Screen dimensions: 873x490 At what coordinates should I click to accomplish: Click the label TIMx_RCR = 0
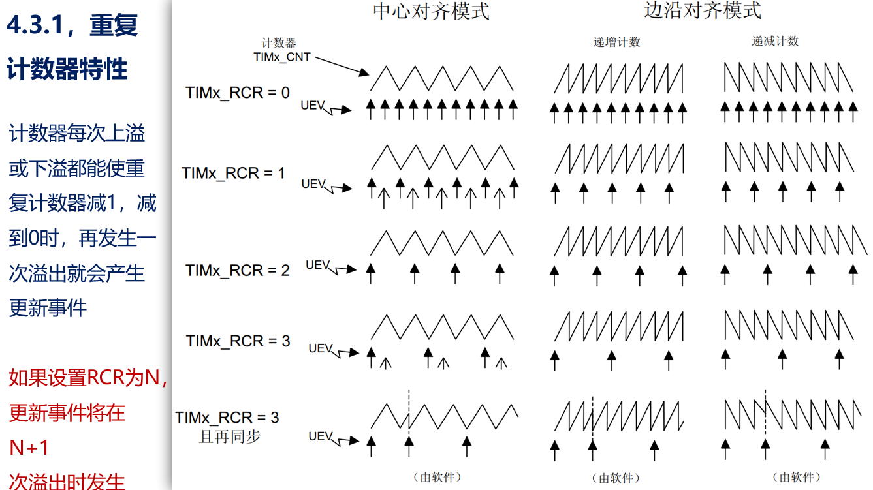(x=237, y=93)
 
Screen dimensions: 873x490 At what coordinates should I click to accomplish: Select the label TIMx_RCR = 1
(x=233, y=173)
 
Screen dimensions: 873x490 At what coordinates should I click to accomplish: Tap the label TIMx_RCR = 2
(x=237, y=270)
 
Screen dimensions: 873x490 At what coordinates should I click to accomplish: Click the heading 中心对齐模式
(x=431, y=11)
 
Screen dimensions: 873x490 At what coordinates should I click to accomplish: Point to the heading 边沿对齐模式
(x=703, y=10)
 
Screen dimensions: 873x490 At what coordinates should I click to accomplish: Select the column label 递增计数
(x=616, y=42)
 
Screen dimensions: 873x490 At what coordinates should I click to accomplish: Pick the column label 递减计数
(x=775, y=41)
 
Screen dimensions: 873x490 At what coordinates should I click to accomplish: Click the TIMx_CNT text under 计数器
(x=282, y=57)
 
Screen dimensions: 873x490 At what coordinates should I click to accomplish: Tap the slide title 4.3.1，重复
(x=72, y=25)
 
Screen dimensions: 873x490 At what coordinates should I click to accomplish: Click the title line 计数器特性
(x=67, y=69)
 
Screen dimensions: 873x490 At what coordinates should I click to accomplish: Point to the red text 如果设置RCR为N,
(x=88, y=377)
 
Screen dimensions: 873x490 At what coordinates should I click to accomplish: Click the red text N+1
(x=29, y=448)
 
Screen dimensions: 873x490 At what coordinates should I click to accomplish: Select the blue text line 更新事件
(x=48, y=308)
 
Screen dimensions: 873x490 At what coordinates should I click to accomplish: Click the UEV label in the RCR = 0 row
(x=313, y=106)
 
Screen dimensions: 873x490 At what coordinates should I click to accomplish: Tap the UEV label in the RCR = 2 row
(x=317, y=265)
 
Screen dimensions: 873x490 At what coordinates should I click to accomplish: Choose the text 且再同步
(x=230, y=436)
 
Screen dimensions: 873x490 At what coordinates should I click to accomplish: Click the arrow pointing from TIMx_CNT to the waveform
(x=341, y=66)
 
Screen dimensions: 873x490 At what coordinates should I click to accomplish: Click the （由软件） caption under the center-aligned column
(x=437, y=477)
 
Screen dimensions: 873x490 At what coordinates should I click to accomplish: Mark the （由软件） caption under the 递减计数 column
(x=797, y=477)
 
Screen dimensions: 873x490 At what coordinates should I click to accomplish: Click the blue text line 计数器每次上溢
(x=77, y=133)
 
